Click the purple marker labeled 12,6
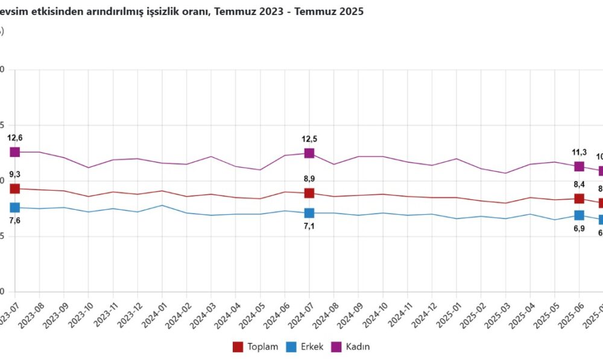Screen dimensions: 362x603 coord(14,152)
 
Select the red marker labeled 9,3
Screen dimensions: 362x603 coord(14,189)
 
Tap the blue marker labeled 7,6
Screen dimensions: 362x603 coord(14,208)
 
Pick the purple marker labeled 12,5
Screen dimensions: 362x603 coord(309,153)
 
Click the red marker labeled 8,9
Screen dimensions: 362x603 coord(309,193)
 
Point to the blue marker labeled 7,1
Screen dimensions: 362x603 coord(309,213)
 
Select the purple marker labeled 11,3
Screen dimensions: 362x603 coord(579,167)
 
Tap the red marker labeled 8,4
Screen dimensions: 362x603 coord(579,198)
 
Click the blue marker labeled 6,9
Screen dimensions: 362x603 coord(579,215)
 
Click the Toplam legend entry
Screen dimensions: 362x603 coord(256,347)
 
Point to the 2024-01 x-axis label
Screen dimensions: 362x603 coord(152,314)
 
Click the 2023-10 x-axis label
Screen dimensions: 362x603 coord(78,314)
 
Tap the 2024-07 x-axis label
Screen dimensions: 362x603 coord(299,314)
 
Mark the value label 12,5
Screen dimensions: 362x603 coord(309,139)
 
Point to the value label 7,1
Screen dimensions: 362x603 coord(309,227)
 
